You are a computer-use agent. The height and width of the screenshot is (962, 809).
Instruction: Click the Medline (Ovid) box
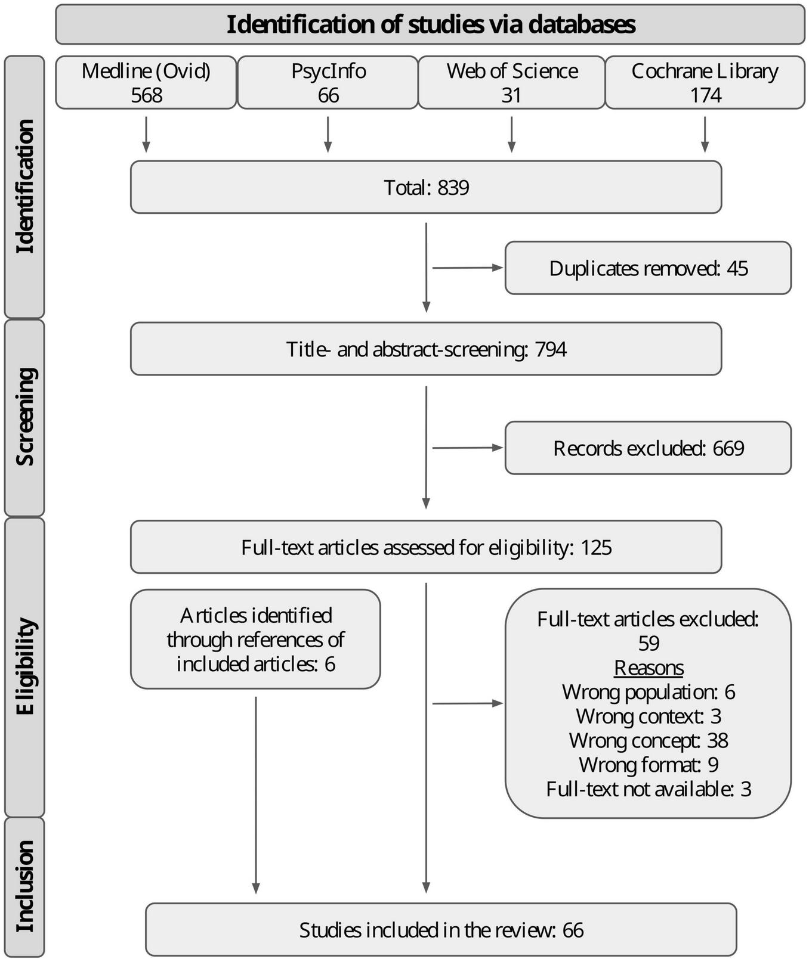click(146, 82)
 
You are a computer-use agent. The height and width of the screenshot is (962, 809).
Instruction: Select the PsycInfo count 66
click(328, 95)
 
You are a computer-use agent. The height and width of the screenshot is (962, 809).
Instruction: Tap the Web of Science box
click(511, 82)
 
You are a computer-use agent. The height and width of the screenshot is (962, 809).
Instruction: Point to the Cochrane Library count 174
click(705, 95)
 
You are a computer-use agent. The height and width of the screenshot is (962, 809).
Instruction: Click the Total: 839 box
click(426, 187)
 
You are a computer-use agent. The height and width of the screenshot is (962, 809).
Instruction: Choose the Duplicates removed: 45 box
click(648, 268)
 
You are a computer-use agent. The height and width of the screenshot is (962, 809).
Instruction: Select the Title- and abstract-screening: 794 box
click(426, 349)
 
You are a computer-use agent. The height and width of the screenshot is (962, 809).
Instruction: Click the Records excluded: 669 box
click(648, 448)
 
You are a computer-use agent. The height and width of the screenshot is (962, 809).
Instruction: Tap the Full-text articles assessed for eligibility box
click(426, 547)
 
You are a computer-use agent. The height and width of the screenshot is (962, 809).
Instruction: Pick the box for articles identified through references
click(255, 640)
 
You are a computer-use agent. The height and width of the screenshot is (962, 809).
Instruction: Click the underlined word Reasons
click(649, 668)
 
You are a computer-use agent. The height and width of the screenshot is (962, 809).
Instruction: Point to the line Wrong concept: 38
click(649, 741)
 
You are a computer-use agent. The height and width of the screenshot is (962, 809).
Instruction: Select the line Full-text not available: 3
click(649, 789)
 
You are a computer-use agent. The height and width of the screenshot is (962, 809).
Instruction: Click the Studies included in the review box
click(441, 930)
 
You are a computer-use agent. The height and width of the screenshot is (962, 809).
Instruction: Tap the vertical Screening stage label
click(24, 417)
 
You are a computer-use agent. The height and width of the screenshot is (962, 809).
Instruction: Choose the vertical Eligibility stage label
click(24, 666)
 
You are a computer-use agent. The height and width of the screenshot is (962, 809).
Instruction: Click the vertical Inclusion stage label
click(24, 886)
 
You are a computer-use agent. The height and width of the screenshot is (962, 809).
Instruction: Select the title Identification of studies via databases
click(430, 25)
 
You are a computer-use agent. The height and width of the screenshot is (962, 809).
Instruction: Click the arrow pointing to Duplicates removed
click(468, 268)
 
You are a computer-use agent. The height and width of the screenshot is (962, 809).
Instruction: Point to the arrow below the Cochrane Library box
click(705, 135)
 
